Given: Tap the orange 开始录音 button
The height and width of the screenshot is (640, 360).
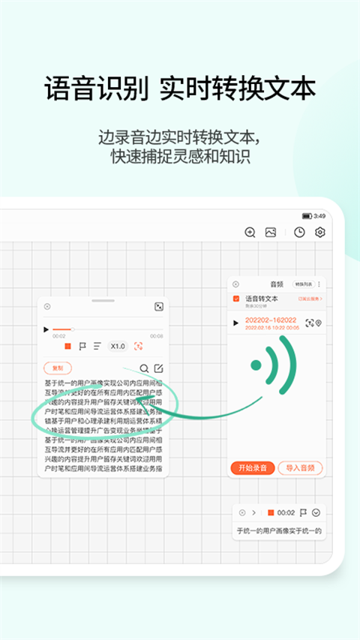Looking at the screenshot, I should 253,468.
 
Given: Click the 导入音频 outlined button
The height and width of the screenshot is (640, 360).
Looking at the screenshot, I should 300,468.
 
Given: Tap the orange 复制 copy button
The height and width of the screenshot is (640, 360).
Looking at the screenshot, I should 58,368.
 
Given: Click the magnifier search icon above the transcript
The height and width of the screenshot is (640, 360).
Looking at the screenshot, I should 144,368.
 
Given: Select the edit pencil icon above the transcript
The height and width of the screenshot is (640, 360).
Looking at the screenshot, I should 158,368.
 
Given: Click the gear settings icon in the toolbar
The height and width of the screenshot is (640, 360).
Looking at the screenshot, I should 320,233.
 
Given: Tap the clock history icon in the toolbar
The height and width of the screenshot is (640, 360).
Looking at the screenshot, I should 299,233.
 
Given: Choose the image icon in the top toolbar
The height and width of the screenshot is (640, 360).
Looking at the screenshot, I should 271,233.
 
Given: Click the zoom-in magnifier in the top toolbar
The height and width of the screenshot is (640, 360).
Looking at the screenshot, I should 250,233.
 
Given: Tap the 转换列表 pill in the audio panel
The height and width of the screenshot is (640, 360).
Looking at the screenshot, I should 303,284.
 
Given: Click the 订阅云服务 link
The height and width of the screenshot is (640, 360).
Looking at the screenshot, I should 310,299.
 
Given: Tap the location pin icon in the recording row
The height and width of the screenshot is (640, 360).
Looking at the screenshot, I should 318,323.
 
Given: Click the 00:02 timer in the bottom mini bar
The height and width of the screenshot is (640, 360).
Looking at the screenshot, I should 285,512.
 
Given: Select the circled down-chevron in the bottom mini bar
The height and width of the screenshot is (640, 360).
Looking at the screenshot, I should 316,512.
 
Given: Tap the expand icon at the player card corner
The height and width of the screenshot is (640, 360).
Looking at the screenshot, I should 159,307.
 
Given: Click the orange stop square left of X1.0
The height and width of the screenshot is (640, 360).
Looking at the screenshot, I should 67,346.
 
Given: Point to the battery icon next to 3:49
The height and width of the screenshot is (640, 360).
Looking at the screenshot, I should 307,216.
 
